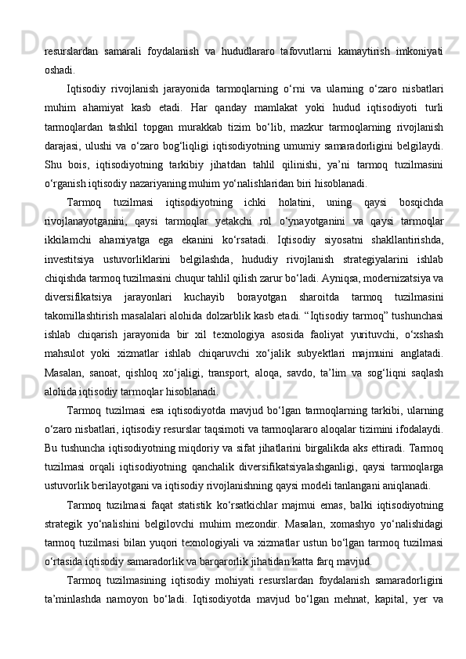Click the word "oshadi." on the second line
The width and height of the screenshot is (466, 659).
[60, 68]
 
